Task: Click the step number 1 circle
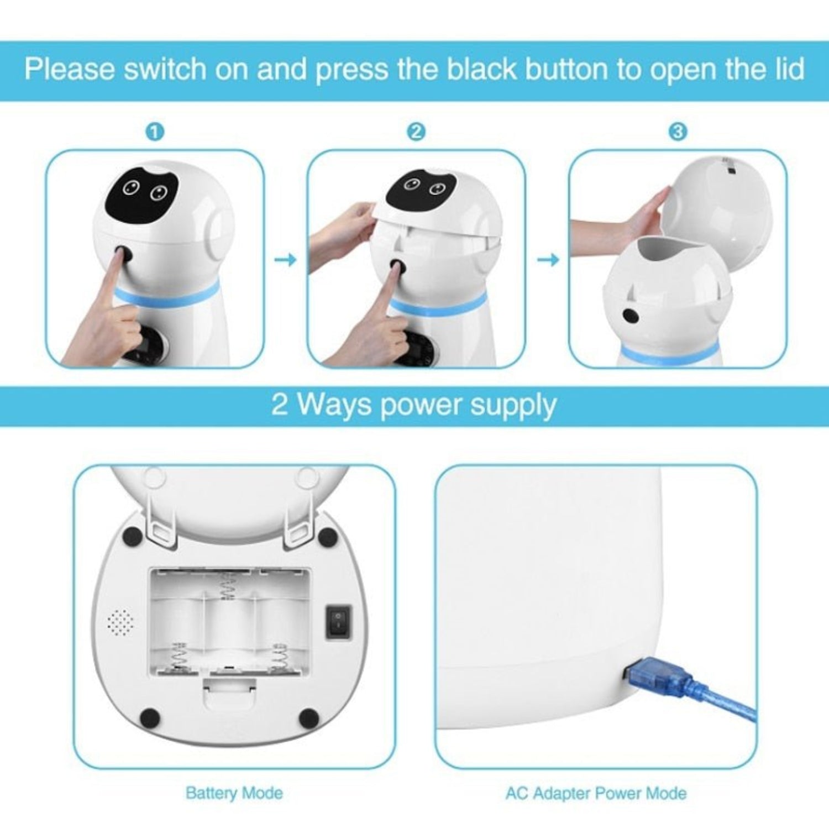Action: click(155, 132)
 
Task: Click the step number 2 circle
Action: click(416, 132)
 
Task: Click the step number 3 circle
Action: click(678, 132)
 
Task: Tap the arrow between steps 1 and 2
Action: click(285, 259)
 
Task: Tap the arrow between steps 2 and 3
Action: click(548, 259)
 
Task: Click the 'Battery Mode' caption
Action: click(234, 793)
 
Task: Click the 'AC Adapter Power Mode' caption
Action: click(596, 793)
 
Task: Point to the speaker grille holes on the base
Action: click(120, 623)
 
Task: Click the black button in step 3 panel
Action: click(630, 316)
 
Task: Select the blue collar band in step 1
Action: click(166, 297)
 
